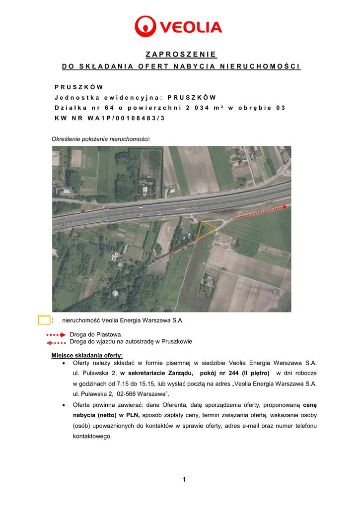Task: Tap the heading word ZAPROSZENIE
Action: (181, 54)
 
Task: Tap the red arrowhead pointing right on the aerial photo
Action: (286, 206)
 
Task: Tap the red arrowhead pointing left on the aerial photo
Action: (171, 252)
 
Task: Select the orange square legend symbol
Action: (44, 320)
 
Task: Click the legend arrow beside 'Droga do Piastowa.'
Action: (56, 335)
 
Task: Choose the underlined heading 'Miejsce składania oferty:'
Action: (87, 355)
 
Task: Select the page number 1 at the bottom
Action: (184, 479)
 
